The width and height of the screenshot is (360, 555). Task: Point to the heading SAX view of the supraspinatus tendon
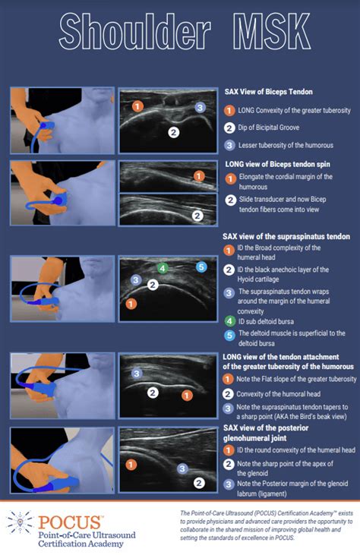click(x=286, y=236)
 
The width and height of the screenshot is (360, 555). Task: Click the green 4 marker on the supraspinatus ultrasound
click(x=162, y=268)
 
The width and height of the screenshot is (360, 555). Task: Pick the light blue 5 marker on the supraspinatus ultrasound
click(x=201, y=266)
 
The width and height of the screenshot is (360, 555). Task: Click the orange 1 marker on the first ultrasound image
click(x=137, y=106)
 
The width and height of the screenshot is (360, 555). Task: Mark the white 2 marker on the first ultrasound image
click(x=173, y=132)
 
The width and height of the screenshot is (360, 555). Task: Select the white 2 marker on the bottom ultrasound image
click(x=199, y=481)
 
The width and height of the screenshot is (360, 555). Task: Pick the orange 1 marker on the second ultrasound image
click(x=199, y=176)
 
